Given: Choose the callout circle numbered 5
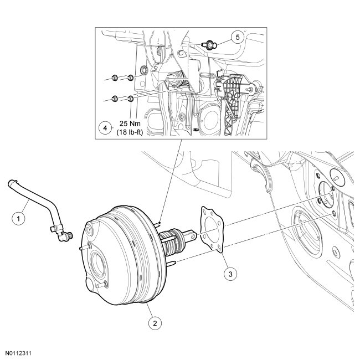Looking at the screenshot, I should (236, 37).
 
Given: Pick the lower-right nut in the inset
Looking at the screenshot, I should (130, 99).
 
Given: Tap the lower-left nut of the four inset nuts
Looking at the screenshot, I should (114, 99).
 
